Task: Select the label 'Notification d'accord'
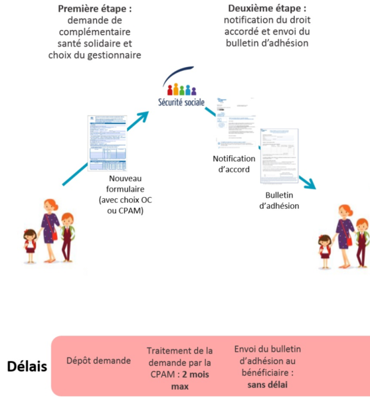(x=233, y=164)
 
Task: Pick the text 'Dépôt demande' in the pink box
(x=99, y=361)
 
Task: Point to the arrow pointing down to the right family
(x=306, y=182)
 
